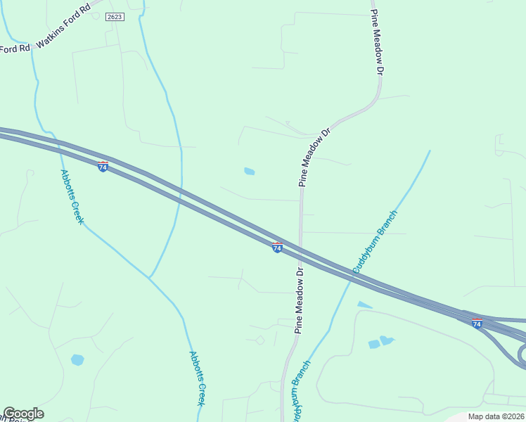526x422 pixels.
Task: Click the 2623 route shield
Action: tap(116, 16)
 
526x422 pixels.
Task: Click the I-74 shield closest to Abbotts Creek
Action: tap(103, 167)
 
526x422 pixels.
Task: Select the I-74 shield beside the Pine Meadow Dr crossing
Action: tap(277, 248)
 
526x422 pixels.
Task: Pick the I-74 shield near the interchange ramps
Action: tap(477, 323)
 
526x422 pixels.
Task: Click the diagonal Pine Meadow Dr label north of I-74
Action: tap(314, 157)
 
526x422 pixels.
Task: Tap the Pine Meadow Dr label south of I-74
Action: tap(299, 300)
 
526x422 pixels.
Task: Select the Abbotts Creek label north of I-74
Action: tap(72, 197)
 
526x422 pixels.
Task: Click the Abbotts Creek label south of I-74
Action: tap(197, 378)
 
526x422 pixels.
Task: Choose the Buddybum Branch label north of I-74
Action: tap(376, 241)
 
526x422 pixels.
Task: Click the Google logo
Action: tap(23, 414)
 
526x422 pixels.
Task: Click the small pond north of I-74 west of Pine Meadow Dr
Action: tap(249, 171)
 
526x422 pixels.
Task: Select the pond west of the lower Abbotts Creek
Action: tap(77, 360)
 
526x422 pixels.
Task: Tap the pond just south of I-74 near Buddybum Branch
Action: tap(364, 305)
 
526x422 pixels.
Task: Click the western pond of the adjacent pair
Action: tap(374, 345)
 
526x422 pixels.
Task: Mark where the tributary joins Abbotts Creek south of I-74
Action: tap(149, 277)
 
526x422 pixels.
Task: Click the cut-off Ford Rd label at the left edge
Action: tap(14, 49)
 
